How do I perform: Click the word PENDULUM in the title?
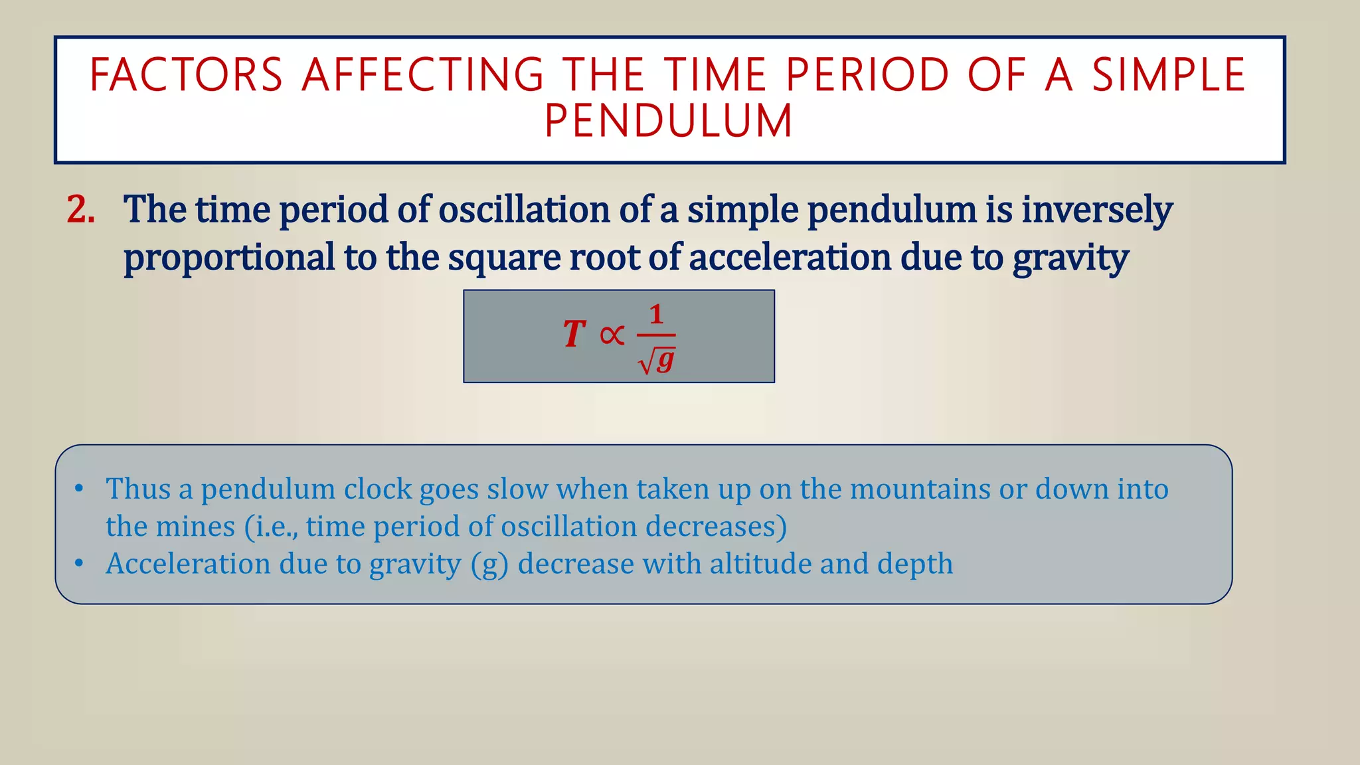tap(669, 121)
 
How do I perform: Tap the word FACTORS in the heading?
tap(187, 74)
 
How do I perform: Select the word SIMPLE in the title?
tap(1169, 74)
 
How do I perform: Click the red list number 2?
tap(80, 210)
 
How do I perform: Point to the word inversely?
tap(1096, 210)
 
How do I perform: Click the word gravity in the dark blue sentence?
tap(1070, 258)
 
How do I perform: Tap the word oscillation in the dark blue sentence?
tap(524, 210)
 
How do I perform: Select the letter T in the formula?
tap(574, 334)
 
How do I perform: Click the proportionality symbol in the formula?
tap(612, 335)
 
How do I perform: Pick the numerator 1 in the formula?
tap(656, 314)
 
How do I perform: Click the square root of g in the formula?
tap(657, 361)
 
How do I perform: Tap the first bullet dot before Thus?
tap(79, 489)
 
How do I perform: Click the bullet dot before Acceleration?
tap(79, 564)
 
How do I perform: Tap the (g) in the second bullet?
tap(489, 564)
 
